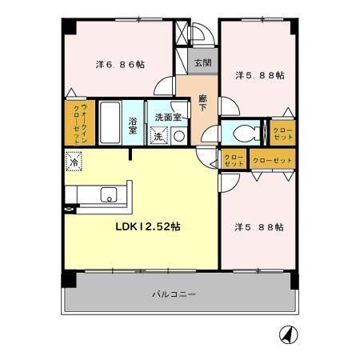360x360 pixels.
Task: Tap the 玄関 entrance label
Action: pos(202,62)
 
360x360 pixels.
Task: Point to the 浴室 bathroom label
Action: pos(133,126)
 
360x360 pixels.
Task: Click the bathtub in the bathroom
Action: pos(110,122)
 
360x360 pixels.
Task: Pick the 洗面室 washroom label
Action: pos(167,117)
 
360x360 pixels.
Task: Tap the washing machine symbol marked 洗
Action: pos(159,136)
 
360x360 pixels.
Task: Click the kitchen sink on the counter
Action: pos(108,194)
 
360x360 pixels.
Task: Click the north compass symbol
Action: pos(285,333)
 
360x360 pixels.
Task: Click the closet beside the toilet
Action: pos(282,134)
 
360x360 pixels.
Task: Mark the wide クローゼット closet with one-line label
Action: pos(273,160)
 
